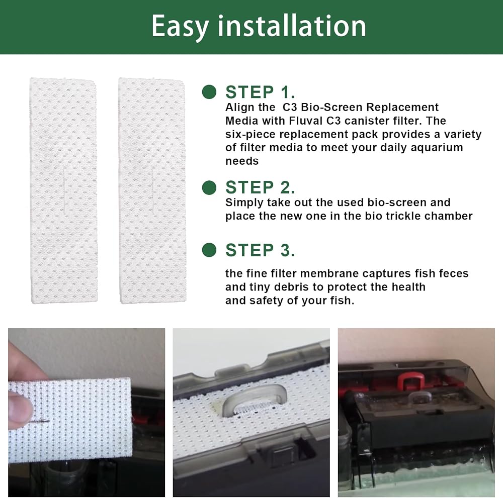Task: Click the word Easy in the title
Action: point(180,27)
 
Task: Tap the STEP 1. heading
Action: point(260,92)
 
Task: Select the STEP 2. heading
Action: point(260,187)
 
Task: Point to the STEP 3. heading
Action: point(260,250)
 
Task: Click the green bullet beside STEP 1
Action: point(209,92)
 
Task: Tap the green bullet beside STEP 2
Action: point(209,187)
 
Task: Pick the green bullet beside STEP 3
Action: point(209,250)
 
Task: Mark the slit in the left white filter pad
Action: point(64,191)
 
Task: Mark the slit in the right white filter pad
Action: point(152,191)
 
